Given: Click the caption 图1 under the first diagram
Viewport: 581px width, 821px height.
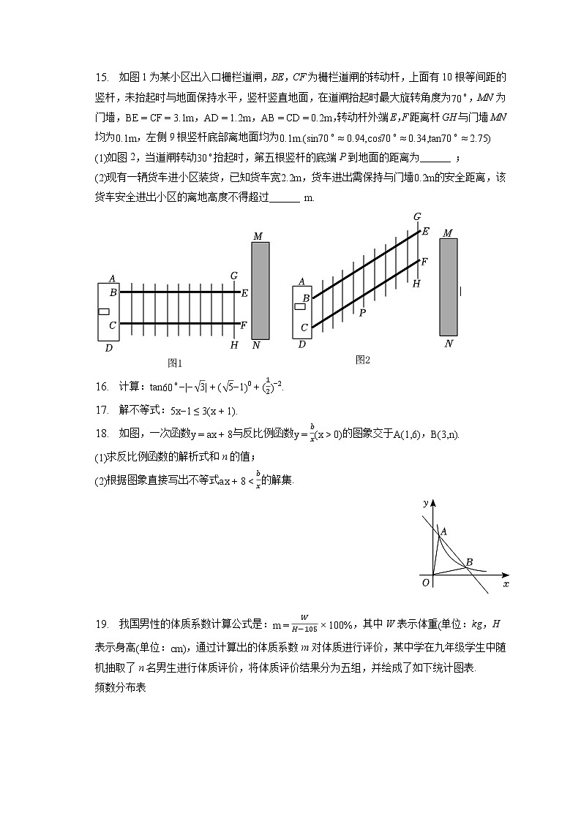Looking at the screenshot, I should pos(175,363).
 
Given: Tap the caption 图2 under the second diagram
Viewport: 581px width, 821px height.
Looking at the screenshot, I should pos(363,359).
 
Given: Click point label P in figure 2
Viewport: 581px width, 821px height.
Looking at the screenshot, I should pos(361,313).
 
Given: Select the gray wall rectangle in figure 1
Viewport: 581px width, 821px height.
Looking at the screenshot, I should pos(260,290).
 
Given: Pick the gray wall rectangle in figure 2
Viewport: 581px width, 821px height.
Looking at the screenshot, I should pos(449,286).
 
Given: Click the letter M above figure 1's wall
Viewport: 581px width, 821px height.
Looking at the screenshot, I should pos(258,236).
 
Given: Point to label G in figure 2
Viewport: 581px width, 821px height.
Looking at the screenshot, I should pos(417,216).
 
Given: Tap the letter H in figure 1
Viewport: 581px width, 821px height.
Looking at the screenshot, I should pos(234,345).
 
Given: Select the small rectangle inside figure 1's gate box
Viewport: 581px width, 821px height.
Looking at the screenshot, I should pos(104,311).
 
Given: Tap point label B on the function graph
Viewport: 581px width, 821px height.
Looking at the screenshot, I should pos(469,561).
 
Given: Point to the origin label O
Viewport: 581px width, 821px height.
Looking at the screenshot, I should pos(426,583).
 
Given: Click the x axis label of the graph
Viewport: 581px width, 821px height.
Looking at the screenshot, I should pos(506,584).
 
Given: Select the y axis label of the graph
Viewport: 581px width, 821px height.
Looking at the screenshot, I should pos(425,503).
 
